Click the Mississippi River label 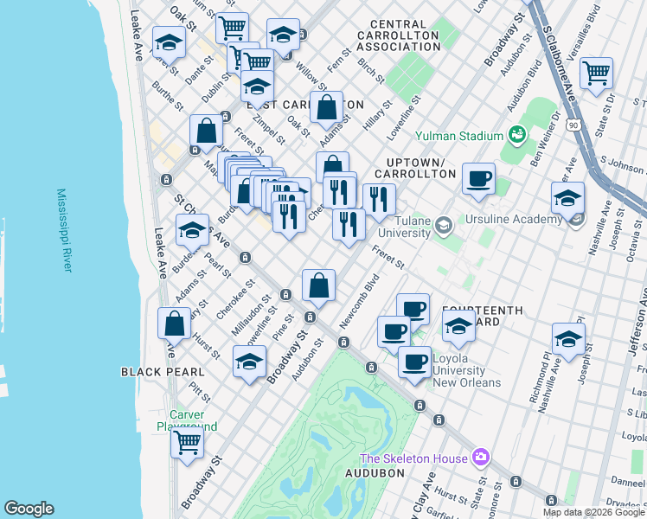click(62, 230)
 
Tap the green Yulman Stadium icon click(517, 135)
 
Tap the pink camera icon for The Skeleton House click(481, 458)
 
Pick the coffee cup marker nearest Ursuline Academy click(479, 179)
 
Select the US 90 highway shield click(573, 125)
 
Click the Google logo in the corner click(29, 509)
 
